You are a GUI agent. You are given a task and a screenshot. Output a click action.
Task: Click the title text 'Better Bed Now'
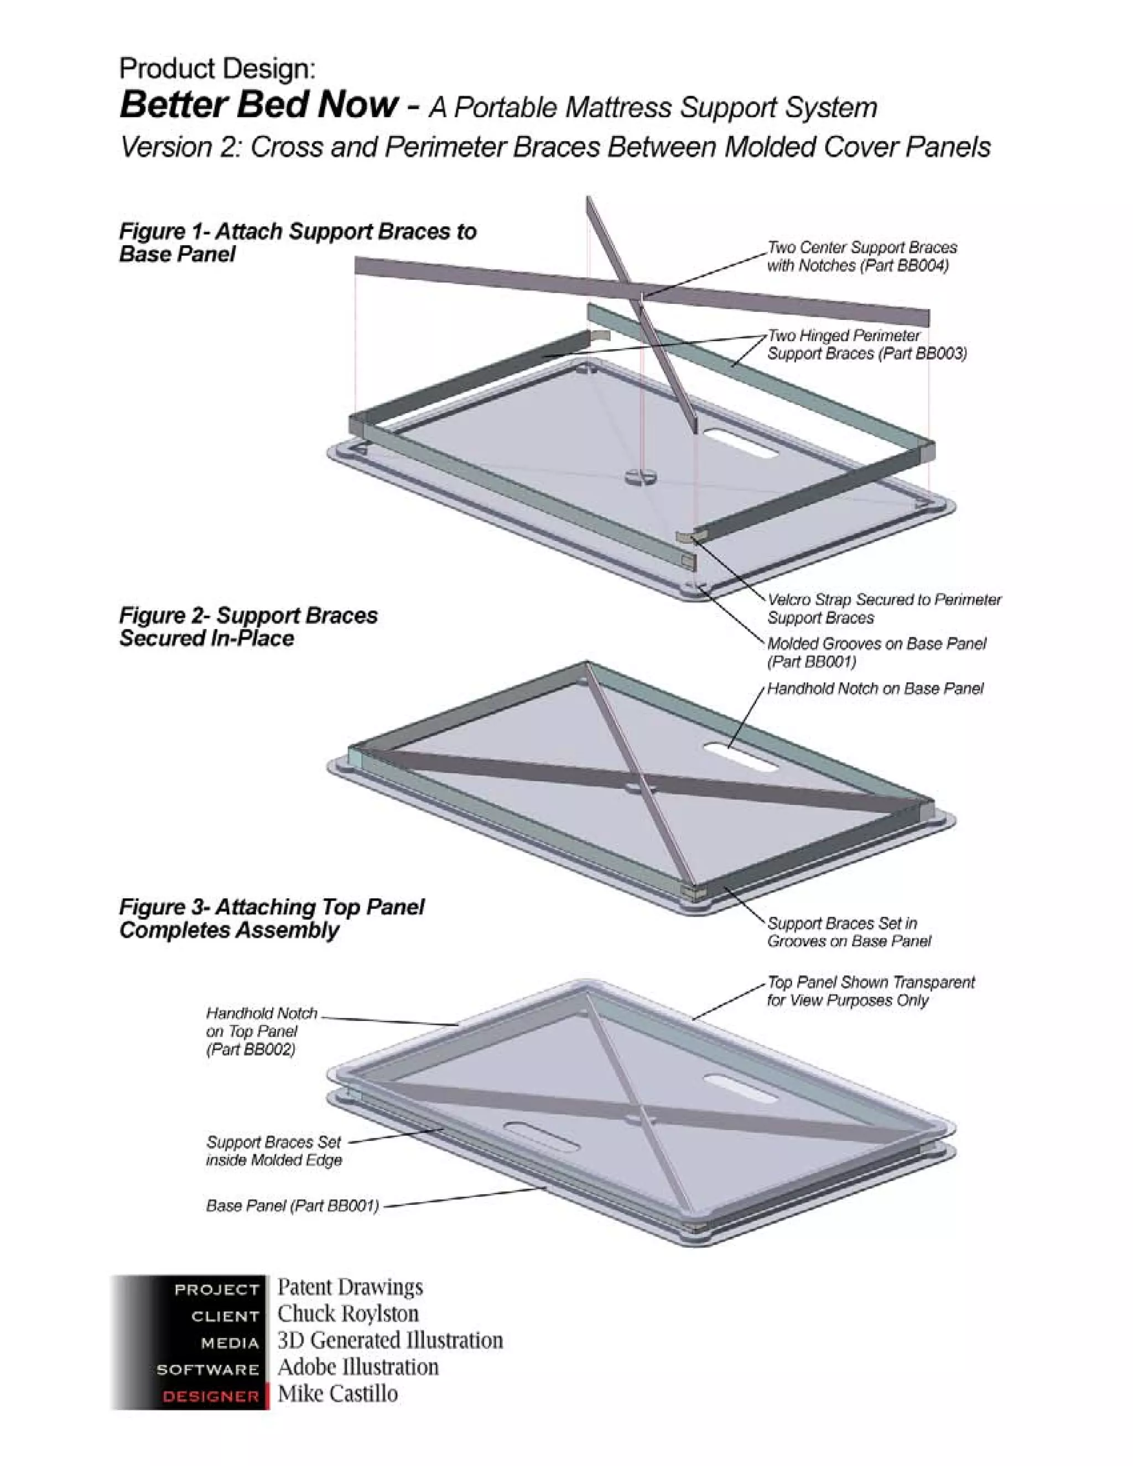[x=259, y=105]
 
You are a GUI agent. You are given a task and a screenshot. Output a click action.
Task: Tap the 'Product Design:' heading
[x=217, y=69]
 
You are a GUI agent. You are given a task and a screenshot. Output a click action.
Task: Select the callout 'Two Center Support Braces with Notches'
[x=861, y=257]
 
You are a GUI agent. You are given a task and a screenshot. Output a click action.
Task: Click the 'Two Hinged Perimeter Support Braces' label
[x=866, y=344]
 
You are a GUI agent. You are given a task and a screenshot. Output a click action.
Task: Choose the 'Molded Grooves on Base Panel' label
[x=876, y=652]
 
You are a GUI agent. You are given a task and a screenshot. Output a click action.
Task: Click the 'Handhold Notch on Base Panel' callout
[x=875, y=689]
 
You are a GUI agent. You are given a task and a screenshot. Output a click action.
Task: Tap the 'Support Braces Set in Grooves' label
[x=849, y=932]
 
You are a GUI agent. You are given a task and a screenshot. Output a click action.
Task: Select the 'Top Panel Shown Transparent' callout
[x=870, y=991]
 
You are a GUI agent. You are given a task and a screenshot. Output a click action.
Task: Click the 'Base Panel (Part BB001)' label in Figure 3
[x=293, y=1205]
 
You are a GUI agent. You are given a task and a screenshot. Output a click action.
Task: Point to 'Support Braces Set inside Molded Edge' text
[x=274, y=1151]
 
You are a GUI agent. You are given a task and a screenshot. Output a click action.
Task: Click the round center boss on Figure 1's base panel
[x=642, y=476]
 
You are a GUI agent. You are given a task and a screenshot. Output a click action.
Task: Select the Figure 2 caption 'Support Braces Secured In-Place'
[x=248, y=626]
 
